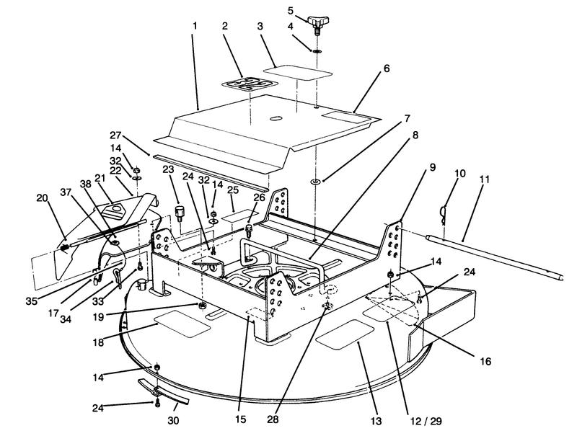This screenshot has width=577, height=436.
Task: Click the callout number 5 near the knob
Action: pyautogui.click(x=291, y=11)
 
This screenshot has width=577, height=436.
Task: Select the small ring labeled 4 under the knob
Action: pyautogui.click(x=316, y=50)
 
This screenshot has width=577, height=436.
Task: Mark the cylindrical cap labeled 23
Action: pyautogui.click(x=180, y=213)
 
